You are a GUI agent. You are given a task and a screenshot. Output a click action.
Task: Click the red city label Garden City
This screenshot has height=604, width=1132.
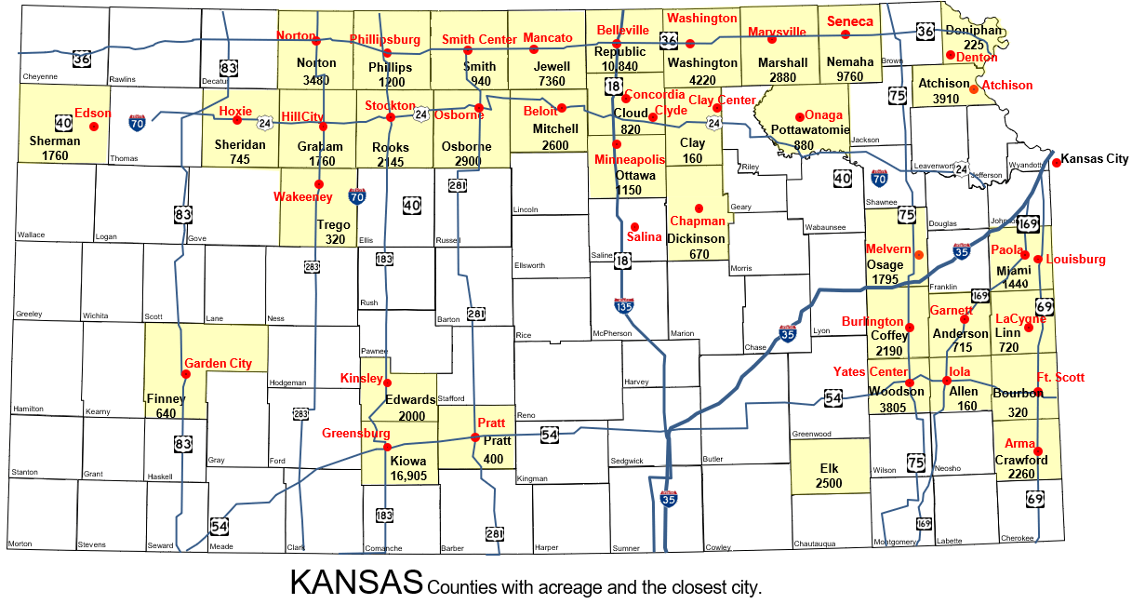tap(218, 363)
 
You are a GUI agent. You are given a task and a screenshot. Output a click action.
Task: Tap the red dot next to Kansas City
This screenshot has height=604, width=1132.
tap(1057, 163)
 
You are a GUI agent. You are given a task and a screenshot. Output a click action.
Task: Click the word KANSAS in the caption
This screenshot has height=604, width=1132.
tap(356, 583)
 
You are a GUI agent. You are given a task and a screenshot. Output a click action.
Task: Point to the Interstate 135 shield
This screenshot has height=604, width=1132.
tap(624, 305)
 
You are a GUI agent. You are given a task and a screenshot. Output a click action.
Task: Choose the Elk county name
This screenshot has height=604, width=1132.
tap(828, 468)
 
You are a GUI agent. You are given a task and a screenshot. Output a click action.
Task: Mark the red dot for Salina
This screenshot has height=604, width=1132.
tap(634, 226)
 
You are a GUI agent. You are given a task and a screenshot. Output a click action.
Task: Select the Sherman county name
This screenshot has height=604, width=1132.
tap(55, 141)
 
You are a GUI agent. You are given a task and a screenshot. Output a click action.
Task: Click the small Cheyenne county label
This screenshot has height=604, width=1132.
tap(39, 76)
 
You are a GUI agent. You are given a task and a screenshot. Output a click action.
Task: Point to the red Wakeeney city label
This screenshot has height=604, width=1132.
tap(303, 197)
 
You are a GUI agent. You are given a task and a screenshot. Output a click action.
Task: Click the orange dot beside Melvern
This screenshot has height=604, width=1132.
tap(919, 255)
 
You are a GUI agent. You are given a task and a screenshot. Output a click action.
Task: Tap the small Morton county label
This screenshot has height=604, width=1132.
tap(20, 544)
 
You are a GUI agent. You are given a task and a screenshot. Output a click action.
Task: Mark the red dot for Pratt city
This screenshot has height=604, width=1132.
tap(475, 437)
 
